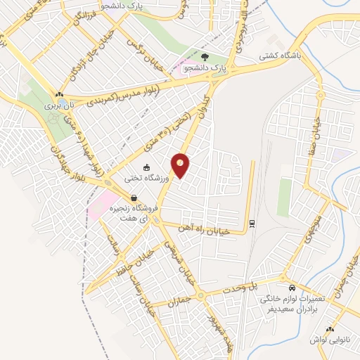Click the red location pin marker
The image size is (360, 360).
(x=181, y=165)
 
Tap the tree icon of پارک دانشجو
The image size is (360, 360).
(x=205, y=58)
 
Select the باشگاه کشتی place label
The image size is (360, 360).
(x=281, y=55)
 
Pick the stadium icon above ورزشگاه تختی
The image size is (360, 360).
(x=146, y=167)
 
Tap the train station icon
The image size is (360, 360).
(x=252, y=224)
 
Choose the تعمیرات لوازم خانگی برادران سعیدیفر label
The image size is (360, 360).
(x=291, y=304)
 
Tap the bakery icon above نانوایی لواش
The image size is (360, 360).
(x=329, y=329)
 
